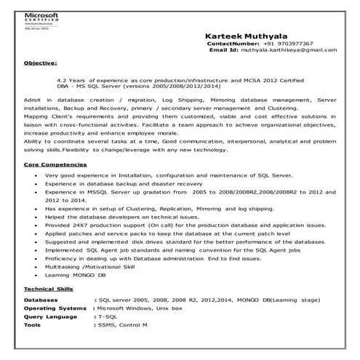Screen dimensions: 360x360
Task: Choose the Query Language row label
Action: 51,317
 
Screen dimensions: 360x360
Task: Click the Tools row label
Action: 33,326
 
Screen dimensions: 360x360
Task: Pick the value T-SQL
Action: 105,317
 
